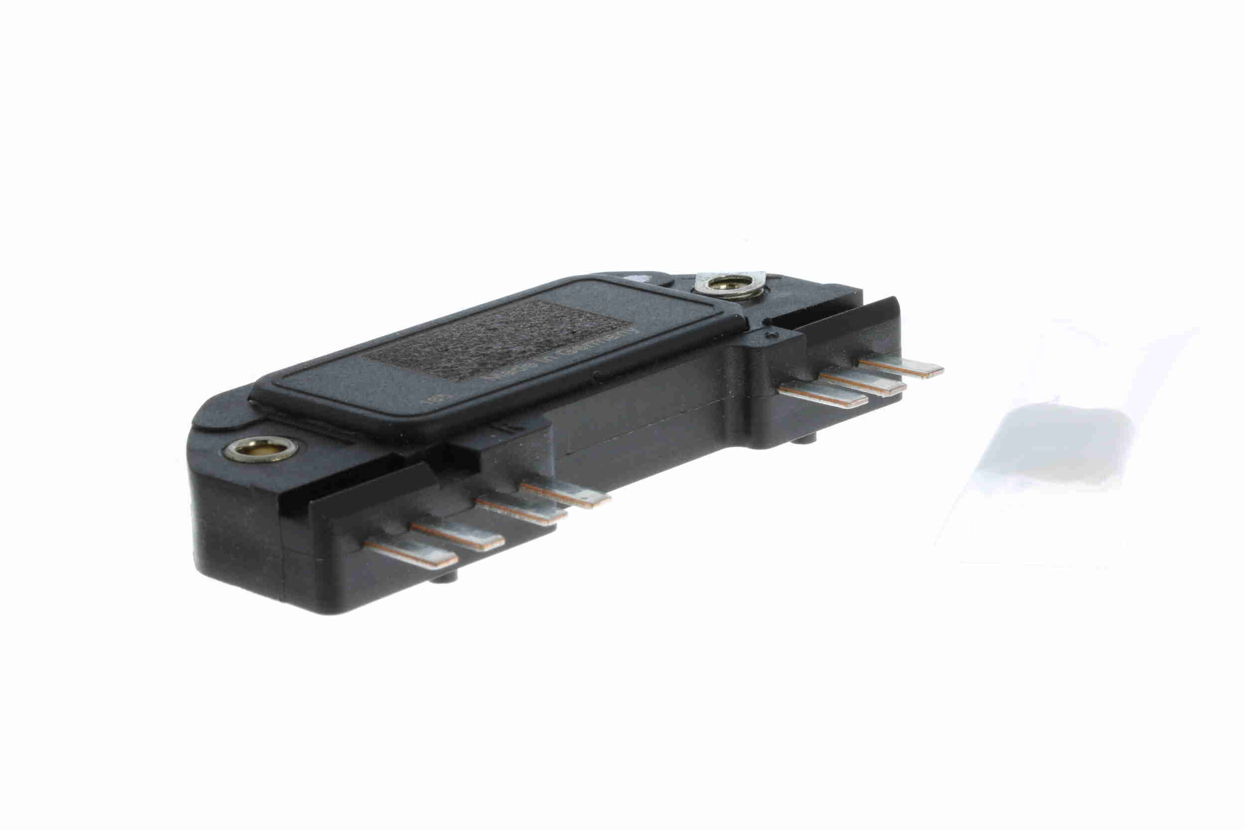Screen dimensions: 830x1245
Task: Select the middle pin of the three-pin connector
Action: tap(863, 382)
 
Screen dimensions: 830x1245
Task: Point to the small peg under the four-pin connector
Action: tap(441, 580)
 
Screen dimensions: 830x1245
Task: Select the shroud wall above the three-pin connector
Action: tap(841, 323)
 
